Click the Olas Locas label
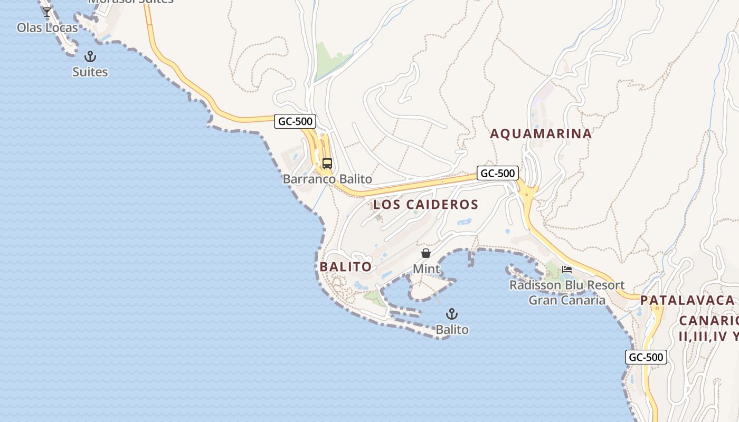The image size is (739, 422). [x=48, y=27]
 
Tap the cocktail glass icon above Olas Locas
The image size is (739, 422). [x=47, y=12]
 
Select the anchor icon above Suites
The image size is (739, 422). [x=90, y=56]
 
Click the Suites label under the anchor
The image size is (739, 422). [x=90, y=72]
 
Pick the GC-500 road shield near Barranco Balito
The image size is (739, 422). [x=295, y=121]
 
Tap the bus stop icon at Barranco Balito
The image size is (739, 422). [x=327, y=164]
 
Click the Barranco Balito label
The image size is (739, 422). [x=327, y=179]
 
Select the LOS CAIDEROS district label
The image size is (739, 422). [x=425, y=205]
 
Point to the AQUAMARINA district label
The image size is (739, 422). [x=541, y=134]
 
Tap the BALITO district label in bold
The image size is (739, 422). [x=346, y=267]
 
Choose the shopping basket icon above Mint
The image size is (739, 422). [x=426, y=254]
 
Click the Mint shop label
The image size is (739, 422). [x=426, y=269]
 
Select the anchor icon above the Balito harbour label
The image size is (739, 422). [x=451, y=314]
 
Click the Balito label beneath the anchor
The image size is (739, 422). [x=452, y=330]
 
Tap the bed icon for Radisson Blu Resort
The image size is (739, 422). [x=567, y=270]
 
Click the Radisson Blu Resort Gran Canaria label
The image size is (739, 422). [x=567, y=293]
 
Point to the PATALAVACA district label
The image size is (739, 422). [x=687, y=301]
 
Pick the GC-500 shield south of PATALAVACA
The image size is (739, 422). [x=646, y=357]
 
